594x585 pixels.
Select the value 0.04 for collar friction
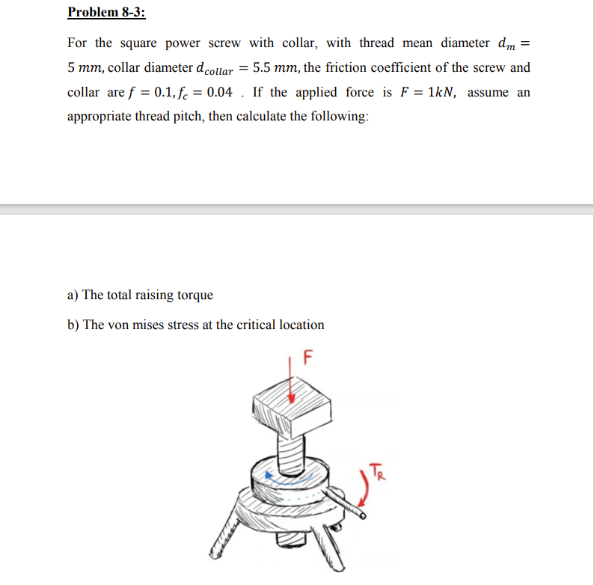point(208,93)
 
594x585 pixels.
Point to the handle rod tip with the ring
point(363,515)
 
